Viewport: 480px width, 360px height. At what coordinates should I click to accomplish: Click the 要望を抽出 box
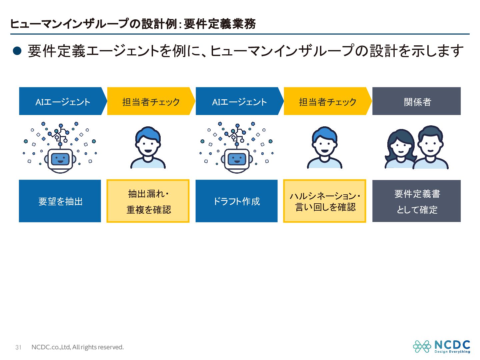point(60,201)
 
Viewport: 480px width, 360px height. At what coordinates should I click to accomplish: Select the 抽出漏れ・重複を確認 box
point(148,201)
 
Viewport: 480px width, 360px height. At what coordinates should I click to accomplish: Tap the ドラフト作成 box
point(236,201)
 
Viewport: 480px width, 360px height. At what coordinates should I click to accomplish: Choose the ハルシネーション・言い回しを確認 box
point(325,201)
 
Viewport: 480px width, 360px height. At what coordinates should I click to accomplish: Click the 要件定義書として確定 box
point(416,201)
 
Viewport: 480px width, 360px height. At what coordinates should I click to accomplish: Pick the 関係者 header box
point(416,101)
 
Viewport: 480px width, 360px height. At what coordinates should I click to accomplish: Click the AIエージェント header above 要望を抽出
point(62,101)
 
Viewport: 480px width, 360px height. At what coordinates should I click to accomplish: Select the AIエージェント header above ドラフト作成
point(239,101)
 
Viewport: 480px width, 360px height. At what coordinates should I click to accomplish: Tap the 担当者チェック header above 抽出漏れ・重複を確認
point(151,101)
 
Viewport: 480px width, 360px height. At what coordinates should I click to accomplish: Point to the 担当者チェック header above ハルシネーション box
point(327,101)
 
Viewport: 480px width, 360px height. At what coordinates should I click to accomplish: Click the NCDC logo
point(442,346)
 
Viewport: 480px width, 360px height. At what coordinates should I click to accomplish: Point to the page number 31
point(18,347)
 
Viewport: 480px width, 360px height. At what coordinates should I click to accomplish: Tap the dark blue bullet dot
point(17,51)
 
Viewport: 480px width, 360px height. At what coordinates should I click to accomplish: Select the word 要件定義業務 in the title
point(220,24)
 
